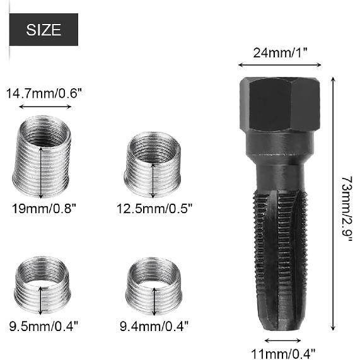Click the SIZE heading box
click(44, 29)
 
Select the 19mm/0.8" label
click(44, 207)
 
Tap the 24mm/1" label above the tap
click(279, 52)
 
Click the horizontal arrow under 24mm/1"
click(279, 64)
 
